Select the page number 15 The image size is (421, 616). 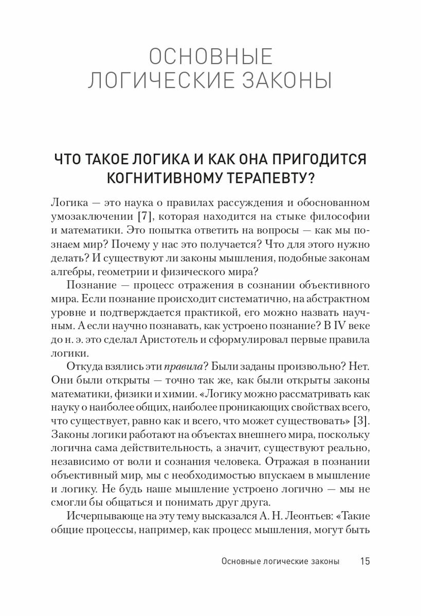(364, 561)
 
